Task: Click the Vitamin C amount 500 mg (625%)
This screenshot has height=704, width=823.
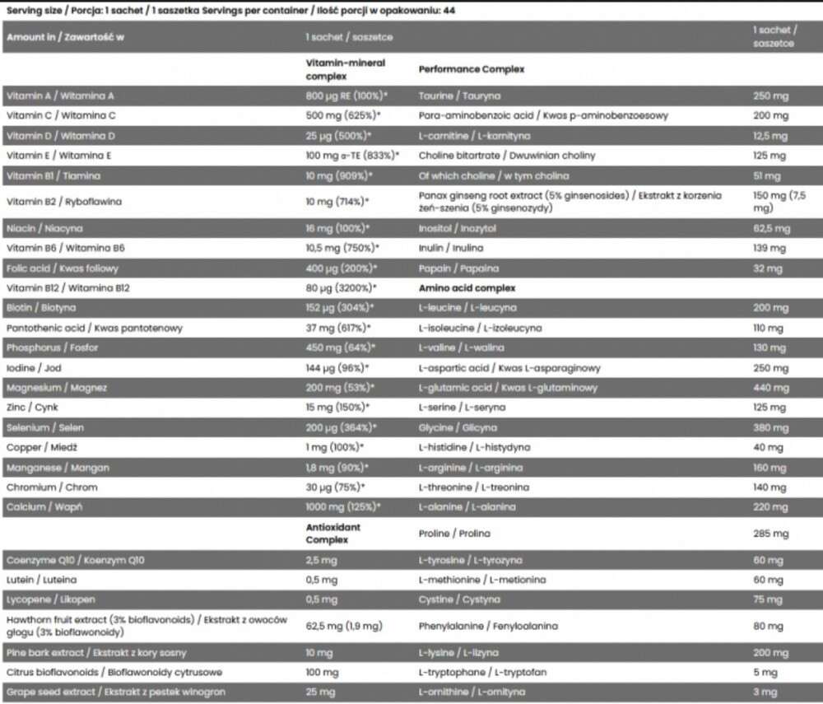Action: click(x=343, y=116)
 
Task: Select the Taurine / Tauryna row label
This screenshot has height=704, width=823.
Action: click(x=459, y=96)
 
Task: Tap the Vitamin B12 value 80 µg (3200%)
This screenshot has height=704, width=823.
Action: click(x=341, y=288)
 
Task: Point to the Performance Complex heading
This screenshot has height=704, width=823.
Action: click(x=472, y=70)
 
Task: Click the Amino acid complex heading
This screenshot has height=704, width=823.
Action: click(x=467, y=288)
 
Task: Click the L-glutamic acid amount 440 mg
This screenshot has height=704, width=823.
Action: click(x=770, y=388)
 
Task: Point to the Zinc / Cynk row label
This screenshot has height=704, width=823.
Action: click(x=32, y=408)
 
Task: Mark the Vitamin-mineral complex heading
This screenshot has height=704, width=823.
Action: click(x=346, y=69)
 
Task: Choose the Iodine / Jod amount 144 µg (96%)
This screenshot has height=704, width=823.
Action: click(x=337, y=368)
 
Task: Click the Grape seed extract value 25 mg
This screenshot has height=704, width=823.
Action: click(x=321, y=692)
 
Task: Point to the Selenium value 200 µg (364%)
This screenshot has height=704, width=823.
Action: click(x=341, y=428)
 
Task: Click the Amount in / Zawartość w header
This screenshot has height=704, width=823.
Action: click(x=65, y=37)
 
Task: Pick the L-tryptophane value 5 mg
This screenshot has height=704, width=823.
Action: click(x=765, y=673)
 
